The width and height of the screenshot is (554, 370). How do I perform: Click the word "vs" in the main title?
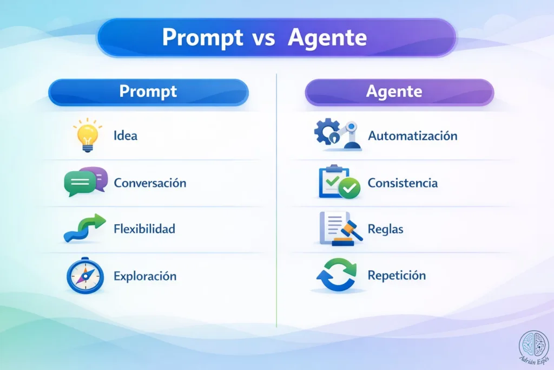(x=263, y=38)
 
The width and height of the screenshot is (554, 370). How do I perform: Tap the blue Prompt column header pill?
(x=148, y=92)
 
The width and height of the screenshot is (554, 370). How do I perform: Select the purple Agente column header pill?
(x=399, y=92)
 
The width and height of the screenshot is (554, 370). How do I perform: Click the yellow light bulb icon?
(x=87, y=135)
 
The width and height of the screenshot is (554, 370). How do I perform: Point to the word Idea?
(x=126, y=135)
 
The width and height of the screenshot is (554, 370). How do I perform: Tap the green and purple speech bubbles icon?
(x=86, y=181)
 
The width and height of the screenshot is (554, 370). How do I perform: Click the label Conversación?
(x=150, y=183)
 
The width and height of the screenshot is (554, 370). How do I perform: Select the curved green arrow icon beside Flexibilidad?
(x=85, y=228)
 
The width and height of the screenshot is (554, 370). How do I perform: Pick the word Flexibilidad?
(x=144, y=229)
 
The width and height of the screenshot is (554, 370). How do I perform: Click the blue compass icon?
(x=85, y=276)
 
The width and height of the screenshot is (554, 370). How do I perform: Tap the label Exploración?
(x=145, y=276)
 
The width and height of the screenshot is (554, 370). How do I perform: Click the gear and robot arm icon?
(x=338, y=134)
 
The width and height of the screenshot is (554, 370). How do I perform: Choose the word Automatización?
(x=413, y=136)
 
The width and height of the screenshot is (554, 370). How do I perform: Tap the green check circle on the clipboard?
(x=349, y=188)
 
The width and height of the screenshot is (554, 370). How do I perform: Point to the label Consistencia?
(x=403, y=183)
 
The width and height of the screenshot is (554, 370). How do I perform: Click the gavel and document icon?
(x=340, y=229)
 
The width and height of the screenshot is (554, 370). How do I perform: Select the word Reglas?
(x=385, y=229)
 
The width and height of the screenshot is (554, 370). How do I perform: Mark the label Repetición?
(x=397, y=275)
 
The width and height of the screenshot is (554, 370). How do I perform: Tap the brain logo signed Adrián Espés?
(x=534, y=347)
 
